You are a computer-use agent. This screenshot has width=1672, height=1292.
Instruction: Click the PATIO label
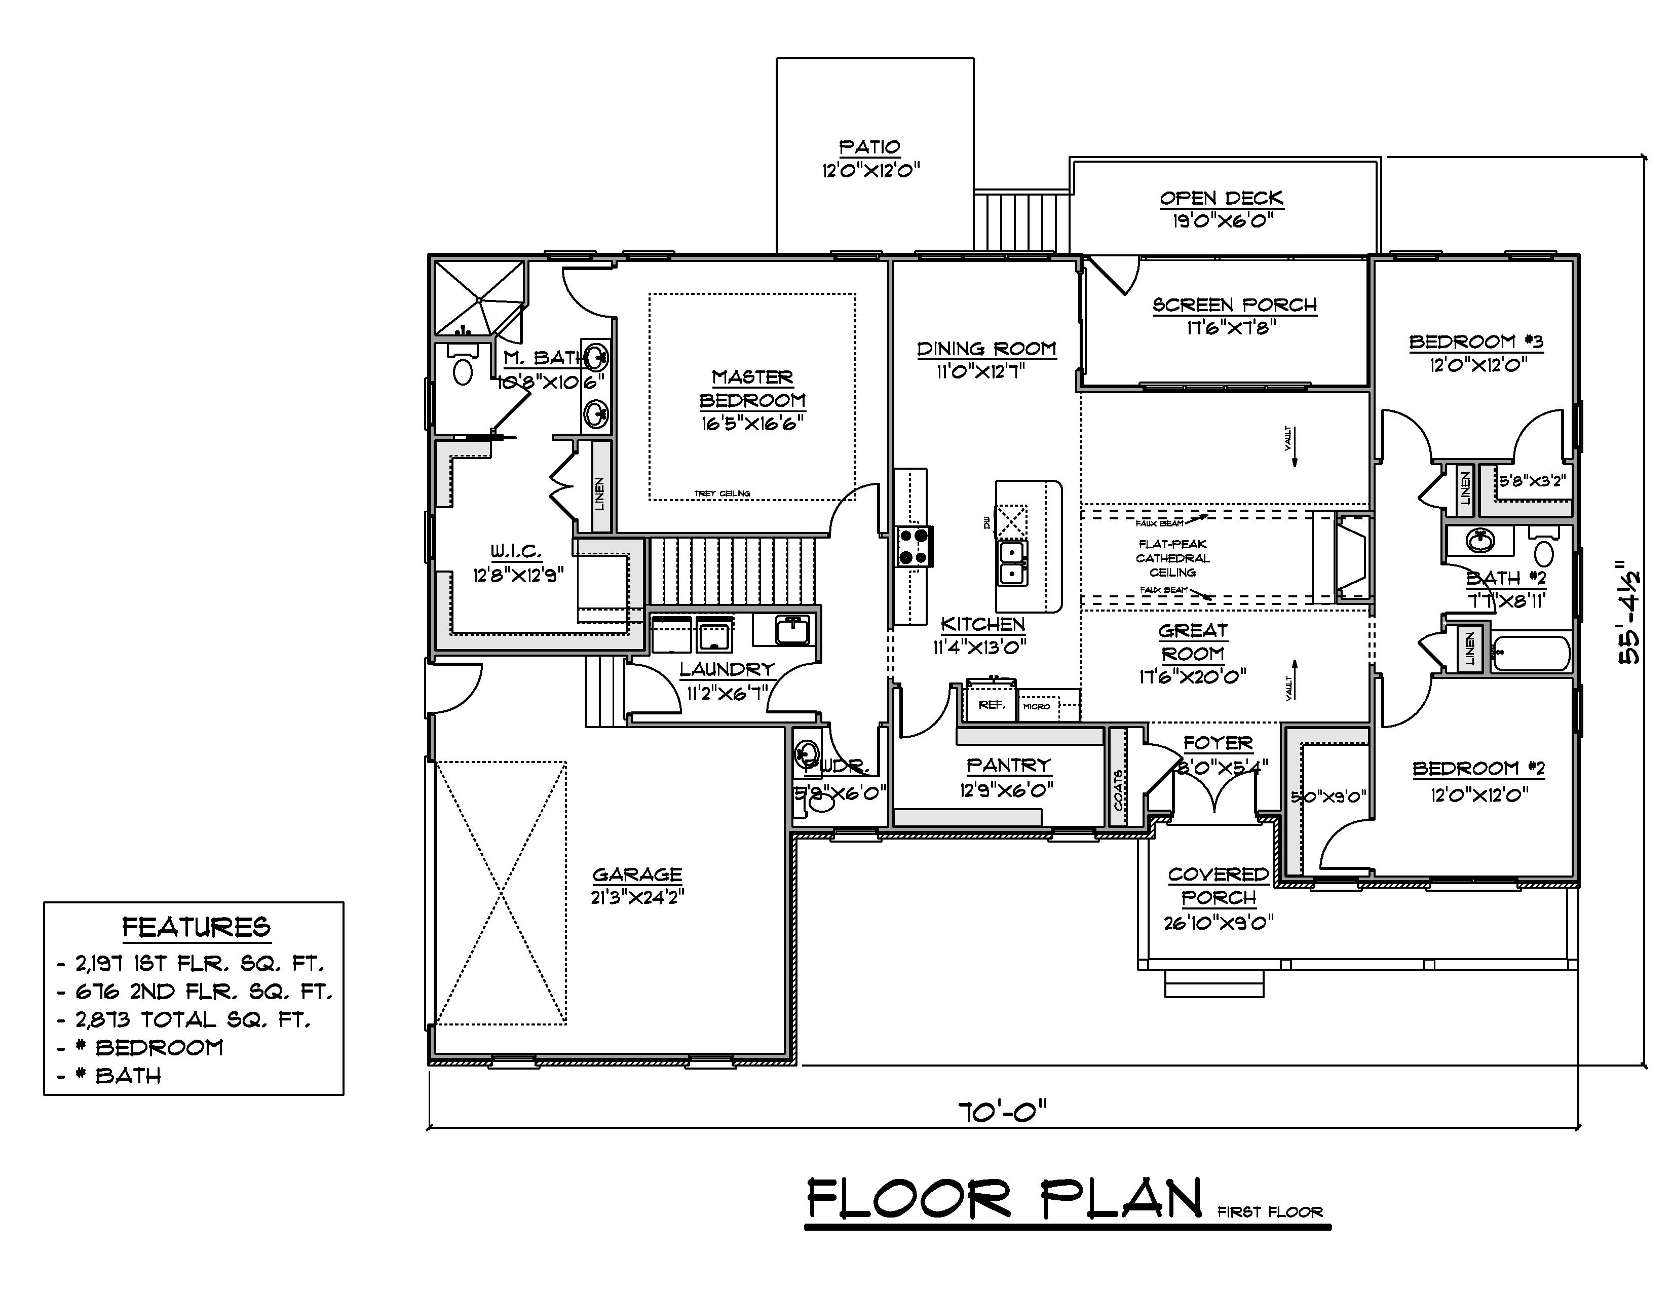point(869,147)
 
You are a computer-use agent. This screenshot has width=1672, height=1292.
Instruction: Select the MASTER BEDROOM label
point(752,389)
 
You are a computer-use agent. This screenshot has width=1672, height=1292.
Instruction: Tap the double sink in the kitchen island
point(1012,563)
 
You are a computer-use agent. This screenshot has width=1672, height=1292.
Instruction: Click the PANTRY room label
point(1008,765)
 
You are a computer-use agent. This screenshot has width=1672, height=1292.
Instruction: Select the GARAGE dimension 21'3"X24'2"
point(637,897)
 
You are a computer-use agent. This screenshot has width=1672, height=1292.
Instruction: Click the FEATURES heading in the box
point(196,928)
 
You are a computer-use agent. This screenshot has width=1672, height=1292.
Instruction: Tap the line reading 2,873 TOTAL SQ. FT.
point(192,1019)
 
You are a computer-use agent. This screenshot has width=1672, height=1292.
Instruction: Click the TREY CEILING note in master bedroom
point(722,493)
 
